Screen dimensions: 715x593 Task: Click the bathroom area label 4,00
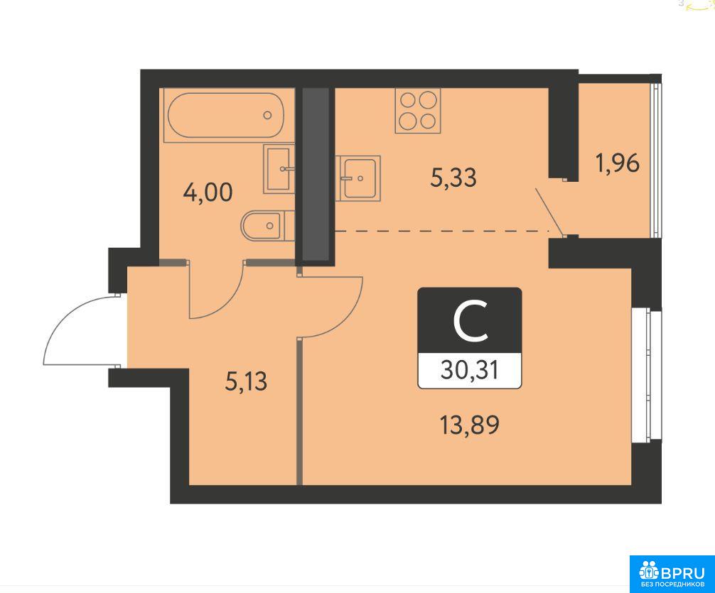[x=208, y=192]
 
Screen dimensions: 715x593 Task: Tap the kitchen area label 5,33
[x=453, y=178]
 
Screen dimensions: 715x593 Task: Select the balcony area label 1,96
[x=618, y=163]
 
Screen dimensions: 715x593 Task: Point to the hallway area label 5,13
[x=246, y=381]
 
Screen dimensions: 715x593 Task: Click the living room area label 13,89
[x=470, y=425]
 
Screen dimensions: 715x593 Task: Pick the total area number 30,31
[x=470, y=371]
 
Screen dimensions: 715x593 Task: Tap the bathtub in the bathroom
[x=226, y=115]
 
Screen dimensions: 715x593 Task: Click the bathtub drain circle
[x=268, y=115]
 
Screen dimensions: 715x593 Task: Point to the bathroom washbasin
[x=279, y=168]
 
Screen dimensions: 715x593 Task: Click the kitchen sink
[x=358, y=178]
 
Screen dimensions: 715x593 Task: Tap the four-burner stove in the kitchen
[x=418, y=111]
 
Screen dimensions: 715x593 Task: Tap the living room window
[x=647, y=375]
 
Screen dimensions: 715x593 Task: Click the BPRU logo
[x=672, y=574]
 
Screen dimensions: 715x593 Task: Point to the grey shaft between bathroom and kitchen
[x=316, y=174]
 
